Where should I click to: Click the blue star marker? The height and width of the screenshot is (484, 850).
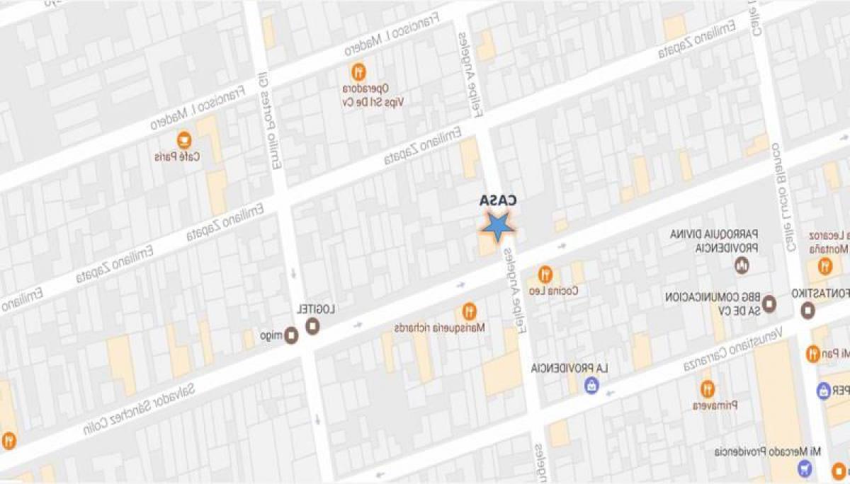pyautogui.click(x=498, y=226)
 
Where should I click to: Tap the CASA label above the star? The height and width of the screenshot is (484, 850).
pyautogui.click(x=497, y=201)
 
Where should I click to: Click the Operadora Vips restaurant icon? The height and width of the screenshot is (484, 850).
pyautogui.click(x=359, y=71)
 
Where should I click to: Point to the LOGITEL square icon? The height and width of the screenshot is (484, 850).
pyautogui.click(x=312, y=326)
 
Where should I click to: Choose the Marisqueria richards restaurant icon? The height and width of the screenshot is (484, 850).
pyautogui.click(x=469, y=311)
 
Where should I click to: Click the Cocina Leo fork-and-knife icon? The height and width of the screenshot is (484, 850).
pyautogui.click(x=545, y=273)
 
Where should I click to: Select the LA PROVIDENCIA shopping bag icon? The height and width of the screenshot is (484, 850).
pyautogui.click(x=590, y=386)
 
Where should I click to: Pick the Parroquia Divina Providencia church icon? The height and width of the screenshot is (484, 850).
pyautogui.click(x=742, y=266)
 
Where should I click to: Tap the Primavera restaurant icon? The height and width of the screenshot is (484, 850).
pyautogui.click(x=707, y=388)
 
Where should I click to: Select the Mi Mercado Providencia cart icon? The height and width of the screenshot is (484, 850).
pyautogui.click(x=804, y=468)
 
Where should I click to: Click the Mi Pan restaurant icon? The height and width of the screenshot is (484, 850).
pyautogui.click(x=812, y=352)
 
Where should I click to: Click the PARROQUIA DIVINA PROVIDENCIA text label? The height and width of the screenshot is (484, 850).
pyautogui.click(x=715, y=241)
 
